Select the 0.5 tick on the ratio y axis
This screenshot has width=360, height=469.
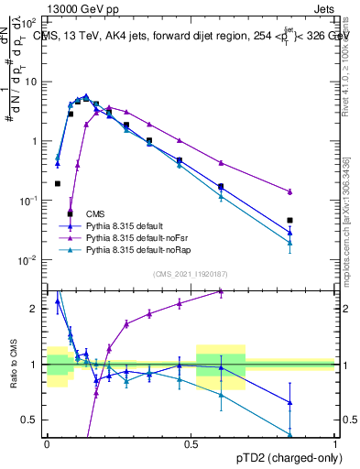32,420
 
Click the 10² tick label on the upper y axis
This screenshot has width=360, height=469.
29,21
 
